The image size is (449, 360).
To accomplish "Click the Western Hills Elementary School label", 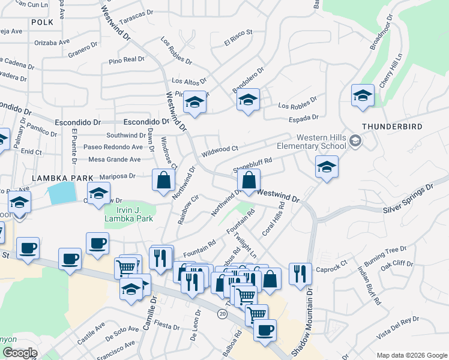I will pos(311,141).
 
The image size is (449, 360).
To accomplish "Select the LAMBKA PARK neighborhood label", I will pos(63,178).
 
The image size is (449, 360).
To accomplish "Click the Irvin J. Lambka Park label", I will pos(129,214).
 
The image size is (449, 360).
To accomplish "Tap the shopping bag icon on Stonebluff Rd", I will pos(249,180).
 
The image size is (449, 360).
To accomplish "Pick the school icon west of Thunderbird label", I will pos(363,95).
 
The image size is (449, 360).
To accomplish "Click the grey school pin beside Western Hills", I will pos(355,141).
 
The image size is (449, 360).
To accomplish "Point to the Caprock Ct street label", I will pos(336,263).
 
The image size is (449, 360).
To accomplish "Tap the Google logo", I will pos(19,353).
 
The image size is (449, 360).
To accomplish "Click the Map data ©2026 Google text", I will pos(411,355).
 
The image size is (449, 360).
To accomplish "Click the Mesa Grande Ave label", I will pos(114,160).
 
